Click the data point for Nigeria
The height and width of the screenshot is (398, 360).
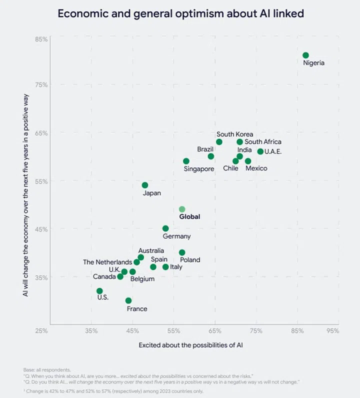click(305, 55)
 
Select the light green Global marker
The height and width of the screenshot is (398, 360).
click(182, 209)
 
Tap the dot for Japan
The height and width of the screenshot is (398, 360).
click(145, 185)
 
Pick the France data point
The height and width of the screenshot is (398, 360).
click(128, 300)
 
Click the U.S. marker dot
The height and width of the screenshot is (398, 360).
click(99, 291)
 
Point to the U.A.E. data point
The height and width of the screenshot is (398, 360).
click(260, 151)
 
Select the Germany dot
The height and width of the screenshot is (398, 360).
click(165, 228)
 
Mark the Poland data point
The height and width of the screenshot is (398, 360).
click(182, 252)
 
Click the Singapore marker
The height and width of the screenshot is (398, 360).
click(186, 161)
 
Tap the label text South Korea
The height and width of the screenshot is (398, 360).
click(234, 134)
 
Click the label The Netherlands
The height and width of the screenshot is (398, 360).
click(107, 262)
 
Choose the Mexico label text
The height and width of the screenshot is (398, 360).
click(256, 168)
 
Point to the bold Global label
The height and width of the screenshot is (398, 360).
click(189, 217)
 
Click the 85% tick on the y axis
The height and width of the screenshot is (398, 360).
click(41, 39)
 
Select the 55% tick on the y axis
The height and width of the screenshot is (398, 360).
click(41, 181)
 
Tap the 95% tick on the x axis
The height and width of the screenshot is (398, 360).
click(332, 330)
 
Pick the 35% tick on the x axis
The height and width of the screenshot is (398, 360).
click(91, 330)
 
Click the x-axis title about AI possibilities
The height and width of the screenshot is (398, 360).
click(190, 345)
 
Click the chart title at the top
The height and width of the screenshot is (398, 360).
click(180, 13)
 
